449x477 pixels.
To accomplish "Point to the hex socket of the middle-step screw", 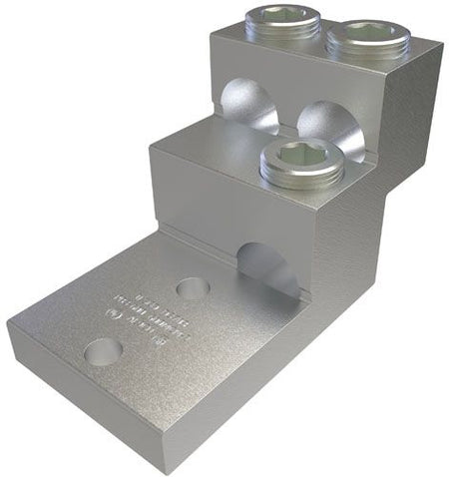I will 301,155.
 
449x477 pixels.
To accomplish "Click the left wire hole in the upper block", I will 249,106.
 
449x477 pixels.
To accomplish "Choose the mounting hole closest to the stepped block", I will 193,289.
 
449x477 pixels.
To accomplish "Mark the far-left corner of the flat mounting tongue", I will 10,325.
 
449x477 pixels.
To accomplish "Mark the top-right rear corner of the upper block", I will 440,42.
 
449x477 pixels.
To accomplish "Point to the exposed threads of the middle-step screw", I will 301,179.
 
